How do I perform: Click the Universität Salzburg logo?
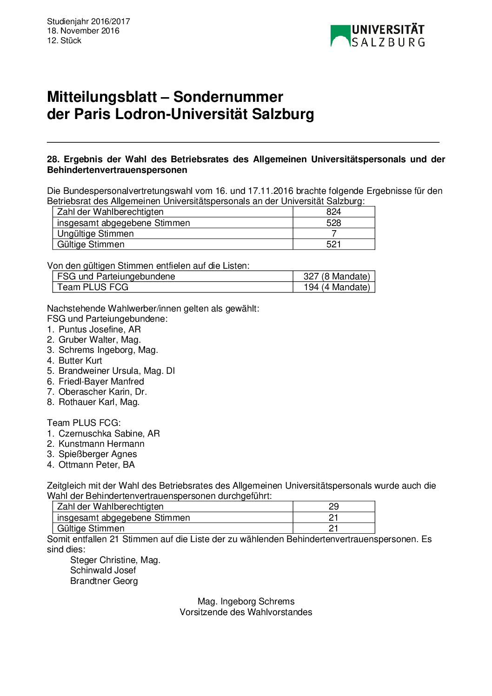[377, 36]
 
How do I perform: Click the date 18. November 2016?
[83, 31]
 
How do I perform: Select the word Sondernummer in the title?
[228, 97]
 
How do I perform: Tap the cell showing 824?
[333, 212]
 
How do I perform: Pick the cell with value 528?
[333, 223]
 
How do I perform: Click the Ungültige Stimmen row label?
[95, 233]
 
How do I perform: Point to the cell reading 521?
[333, 244]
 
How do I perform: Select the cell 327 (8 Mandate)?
[336, 276]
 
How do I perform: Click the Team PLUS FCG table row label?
[93, 287]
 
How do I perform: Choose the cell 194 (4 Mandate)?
[336, 287]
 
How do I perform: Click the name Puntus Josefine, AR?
[100, 329]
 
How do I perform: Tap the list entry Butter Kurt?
[80, 360]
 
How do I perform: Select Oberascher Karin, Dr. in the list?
[102, 391]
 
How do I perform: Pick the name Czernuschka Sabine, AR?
[109, 433]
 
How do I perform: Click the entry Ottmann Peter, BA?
[96, 464]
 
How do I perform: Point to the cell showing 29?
[333, 506]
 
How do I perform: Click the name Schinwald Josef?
[103, 570]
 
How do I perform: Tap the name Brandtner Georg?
[104, 581]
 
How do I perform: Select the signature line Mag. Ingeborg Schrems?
[246, 601]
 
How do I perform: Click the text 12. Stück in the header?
[64, 40]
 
